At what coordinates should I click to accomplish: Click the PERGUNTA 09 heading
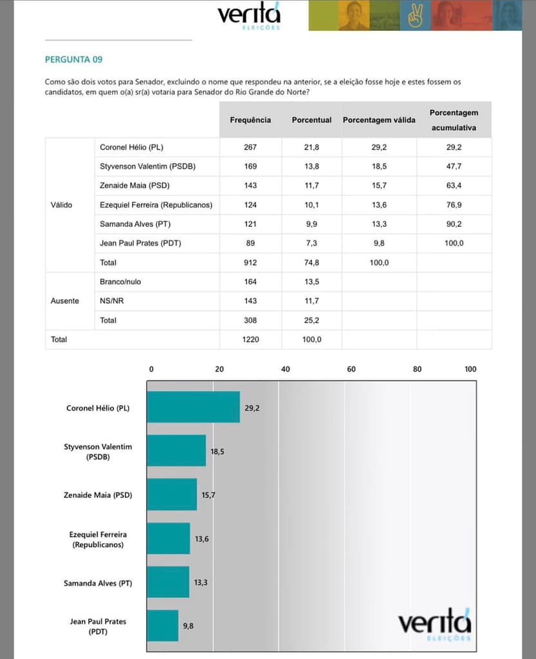click(x=74, y=60)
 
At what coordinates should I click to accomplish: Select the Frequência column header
click(x=250, y=120)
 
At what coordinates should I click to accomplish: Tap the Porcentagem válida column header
click(x=379, y=120)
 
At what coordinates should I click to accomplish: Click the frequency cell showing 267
click(x=250, y=148)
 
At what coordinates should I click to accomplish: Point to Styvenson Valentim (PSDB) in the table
click(x=147, y=167)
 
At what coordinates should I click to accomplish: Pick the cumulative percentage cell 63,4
click(x=454, y=186)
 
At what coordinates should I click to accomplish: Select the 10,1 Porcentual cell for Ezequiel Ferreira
click(x=311, y=205)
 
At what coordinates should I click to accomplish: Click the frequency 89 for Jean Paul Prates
click(x=250, y=243)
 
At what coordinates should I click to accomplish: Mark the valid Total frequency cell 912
click(x=250, y=263)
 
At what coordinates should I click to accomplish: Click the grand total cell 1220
click(x=250, y=339)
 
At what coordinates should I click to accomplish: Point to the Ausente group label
click(x=64, y=301)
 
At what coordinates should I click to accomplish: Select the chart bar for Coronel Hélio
click(x=194, y=407)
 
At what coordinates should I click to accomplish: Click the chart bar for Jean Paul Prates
click(x=163, y=626)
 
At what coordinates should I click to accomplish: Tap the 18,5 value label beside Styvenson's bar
click(x=217, y=452)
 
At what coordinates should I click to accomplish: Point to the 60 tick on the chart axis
click(x=351, y=369)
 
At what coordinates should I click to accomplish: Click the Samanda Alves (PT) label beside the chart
click(x=98, y=583)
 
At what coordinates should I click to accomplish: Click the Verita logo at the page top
click(x=248, y=17)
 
